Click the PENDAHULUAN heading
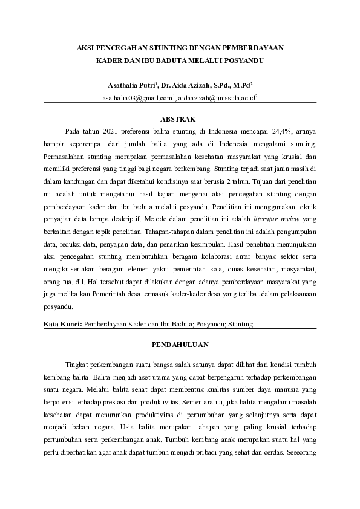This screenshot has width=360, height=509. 180,345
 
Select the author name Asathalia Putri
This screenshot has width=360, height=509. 129,86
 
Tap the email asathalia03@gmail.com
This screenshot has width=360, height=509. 137,97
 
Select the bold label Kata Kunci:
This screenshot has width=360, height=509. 63,324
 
